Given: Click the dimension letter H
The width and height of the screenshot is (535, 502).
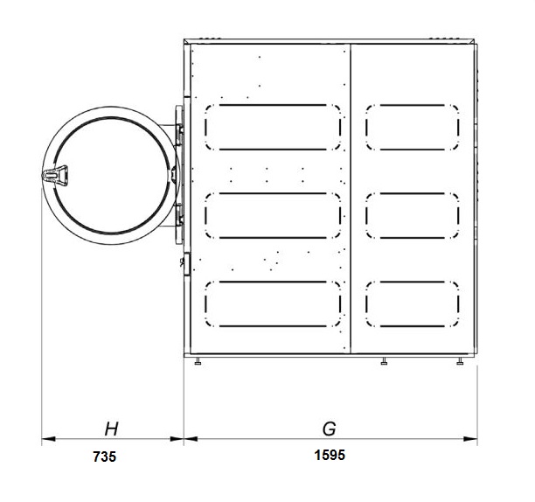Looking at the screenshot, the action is [111, 429].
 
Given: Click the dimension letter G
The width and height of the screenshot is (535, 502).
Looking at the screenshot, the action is [330, 429].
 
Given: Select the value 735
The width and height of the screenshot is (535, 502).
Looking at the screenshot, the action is [104, 457].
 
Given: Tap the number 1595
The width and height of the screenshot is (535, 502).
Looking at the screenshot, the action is [330, 456].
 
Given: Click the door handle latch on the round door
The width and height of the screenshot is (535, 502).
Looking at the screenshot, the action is [54, 176].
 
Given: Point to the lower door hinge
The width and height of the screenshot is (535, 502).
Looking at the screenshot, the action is [179, 214].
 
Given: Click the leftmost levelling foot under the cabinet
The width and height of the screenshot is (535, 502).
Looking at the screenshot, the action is [198, 361].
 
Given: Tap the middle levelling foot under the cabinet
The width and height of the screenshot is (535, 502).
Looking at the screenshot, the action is [384, 361].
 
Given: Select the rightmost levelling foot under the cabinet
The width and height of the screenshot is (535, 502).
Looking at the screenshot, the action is [460, 361].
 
